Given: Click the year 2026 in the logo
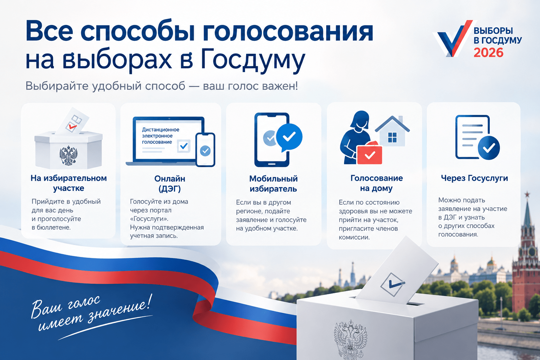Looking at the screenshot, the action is (488, 53).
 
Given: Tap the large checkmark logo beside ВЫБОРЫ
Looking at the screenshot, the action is (453, 39).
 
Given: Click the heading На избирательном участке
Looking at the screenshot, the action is (69, 183).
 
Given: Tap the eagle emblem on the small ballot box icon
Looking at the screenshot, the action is (69, 155).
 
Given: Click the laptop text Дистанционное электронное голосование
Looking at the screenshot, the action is (161, 136).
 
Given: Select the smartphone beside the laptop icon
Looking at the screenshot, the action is (205, 150).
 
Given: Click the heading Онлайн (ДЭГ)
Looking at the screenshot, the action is (170, 184).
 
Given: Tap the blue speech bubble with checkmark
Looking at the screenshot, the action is (289, 137).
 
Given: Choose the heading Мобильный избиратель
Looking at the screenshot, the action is (274, 184).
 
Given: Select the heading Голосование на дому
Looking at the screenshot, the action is (377, 183).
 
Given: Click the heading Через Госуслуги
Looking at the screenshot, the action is (474, 178).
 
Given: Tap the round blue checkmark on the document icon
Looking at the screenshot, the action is (489, 148).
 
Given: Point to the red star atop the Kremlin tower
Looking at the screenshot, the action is (527, 194).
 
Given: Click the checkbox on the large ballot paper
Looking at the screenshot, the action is (393, 285).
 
